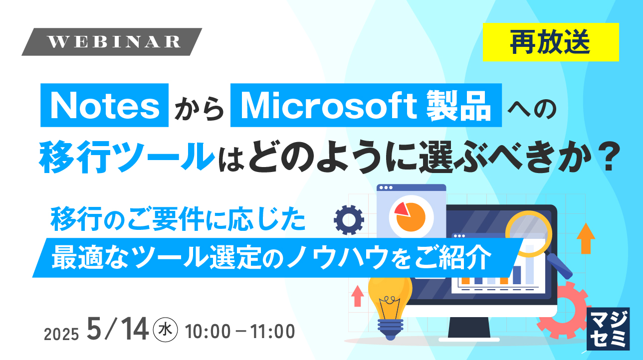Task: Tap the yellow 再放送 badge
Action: (x=551, y=42)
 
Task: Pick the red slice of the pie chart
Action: (x=402, y=207)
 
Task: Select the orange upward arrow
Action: (x=586, y=238)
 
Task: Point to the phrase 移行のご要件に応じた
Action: (x=178, y=220)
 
